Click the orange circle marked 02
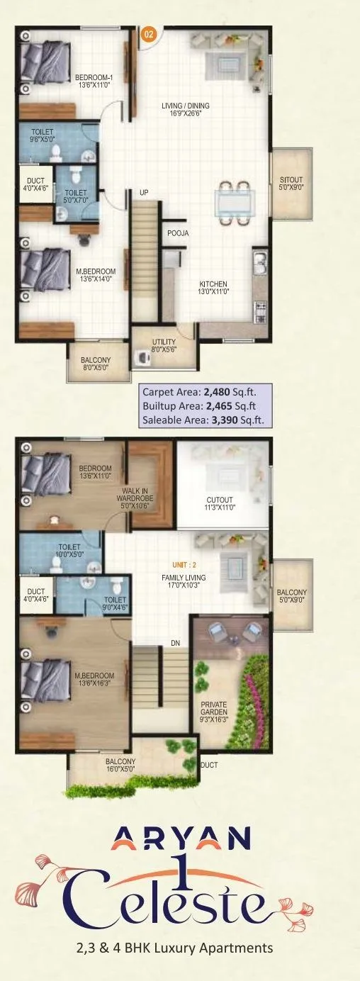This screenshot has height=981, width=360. pos(149,33)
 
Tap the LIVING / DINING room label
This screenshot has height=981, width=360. pos(186,109)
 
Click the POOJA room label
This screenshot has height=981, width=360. pos(177,233)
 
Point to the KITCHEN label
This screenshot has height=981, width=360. pos(213,288)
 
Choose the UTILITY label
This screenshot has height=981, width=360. pos(164,345)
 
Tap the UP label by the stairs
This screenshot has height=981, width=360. pos(143,192)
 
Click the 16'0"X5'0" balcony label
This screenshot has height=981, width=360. pos(120,766)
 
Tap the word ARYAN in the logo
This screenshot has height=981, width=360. pos(180,841)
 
